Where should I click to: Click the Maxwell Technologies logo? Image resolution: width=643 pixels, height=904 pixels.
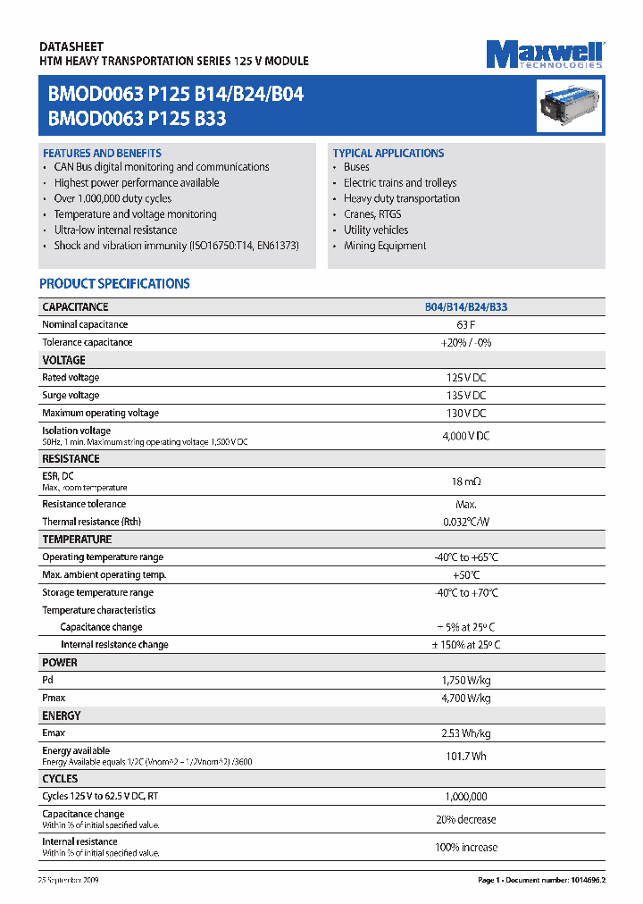tap(545, 54)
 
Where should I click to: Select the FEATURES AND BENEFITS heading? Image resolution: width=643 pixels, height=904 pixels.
tap(102, 153)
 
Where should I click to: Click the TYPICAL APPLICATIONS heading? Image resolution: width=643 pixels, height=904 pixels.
tap(388, 153)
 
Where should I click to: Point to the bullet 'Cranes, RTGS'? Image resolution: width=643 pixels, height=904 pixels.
tap(372, 214)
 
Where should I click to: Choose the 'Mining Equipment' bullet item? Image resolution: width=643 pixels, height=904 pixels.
tap(385, 246)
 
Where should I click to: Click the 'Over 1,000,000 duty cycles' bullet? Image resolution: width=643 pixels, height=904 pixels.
tap(113, 198)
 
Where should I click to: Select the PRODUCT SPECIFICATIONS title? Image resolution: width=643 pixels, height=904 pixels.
tap(114, 283)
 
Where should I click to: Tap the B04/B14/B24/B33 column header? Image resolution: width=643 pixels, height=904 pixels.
tap(465, 306)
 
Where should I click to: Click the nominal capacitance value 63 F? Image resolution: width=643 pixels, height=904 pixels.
tap(465, 324)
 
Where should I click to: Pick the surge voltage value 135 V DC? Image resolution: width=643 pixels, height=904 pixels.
tap(465, 395)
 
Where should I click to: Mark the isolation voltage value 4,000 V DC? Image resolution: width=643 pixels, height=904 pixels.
tap(465, 435)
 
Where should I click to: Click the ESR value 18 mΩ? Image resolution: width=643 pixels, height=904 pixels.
tap(465, 481)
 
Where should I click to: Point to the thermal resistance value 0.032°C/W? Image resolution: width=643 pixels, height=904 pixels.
tap(465, 522)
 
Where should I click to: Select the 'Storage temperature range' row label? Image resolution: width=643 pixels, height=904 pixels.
tap(97, 592)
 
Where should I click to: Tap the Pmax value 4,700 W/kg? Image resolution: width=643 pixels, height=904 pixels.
tap(465, 698)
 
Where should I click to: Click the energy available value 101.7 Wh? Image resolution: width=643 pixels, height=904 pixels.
tap(465, 756)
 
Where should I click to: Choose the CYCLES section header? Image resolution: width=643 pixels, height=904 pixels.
tap(60, 778)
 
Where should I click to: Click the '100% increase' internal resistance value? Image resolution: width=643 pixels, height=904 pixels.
tap(465, 847)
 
